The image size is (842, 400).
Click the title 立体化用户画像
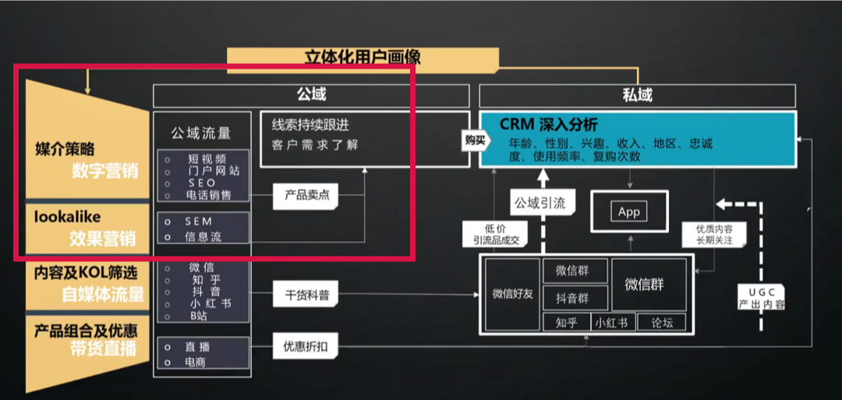point(363,58)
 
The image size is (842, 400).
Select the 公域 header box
point(311,96)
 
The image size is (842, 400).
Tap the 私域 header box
point(638,96)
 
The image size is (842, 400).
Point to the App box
point(629,211)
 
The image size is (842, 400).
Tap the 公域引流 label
point(540,203)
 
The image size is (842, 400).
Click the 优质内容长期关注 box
point(713,234)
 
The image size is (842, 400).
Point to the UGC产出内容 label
point(762,298)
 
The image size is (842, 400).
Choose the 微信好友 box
point(512,295)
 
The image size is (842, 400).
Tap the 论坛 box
point(662,322)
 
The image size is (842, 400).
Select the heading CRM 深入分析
point(548,125)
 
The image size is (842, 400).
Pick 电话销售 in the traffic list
point(208,196)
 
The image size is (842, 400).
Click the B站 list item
point(199,317)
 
